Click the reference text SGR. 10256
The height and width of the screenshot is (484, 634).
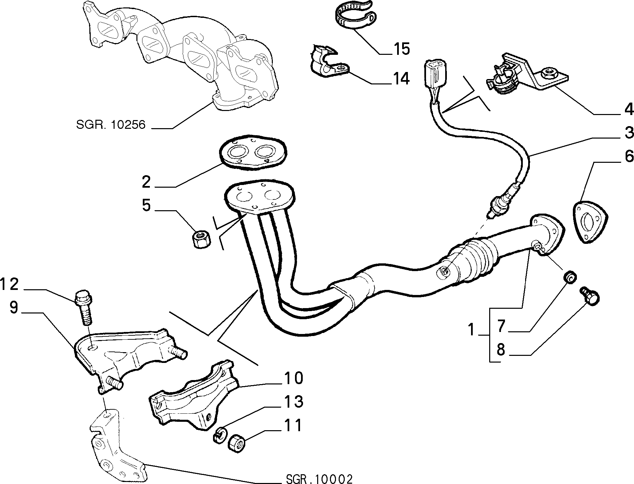pos(111,125)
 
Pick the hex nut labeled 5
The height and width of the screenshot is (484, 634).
pos(202,239)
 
